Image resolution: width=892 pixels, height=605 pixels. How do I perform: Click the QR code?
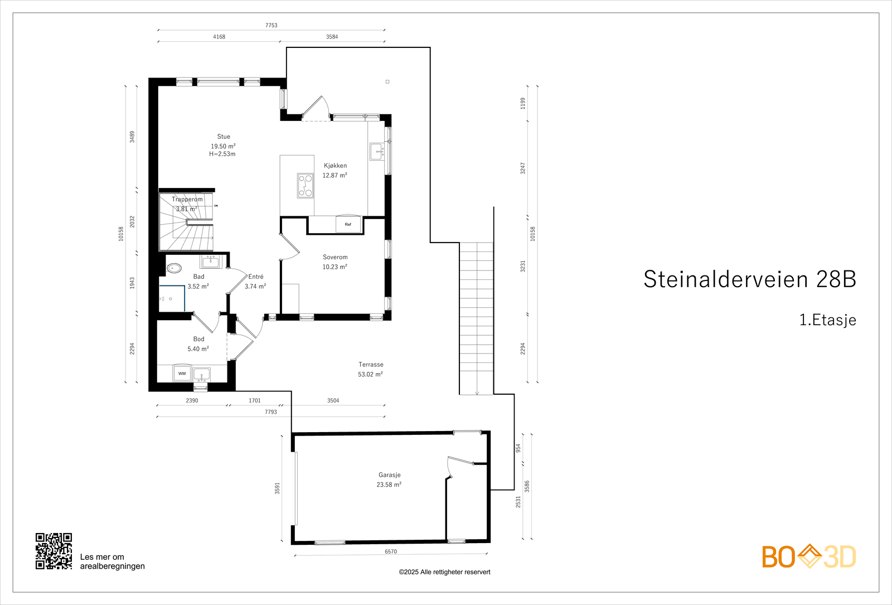(x=54, y=551)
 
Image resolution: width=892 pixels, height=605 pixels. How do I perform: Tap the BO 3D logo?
(x=808, y=556)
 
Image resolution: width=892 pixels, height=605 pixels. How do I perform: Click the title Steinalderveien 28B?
(x=749, y=279)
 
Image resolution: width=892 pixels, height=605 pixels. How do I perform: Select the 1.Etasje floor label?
(x=827, y=320)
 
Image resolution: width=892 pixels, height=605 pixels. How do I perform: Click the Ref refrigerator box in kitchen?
(x=348, y=225)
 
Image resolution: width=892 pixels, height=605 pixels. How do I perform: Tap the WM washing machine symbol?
(x=182, y=374)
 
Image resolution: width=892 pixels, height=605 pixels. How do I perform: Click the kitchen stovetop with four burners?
(x=305, y=186)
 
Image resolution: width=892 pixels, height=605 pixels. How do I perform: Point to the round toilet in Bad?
(x=174, y=268)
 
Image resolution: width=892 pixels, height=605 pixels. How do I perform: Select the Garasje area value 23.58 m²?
(x=389, y=485)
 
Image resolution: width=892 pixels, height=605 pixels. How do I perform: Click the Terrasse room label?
(x=371, y=365)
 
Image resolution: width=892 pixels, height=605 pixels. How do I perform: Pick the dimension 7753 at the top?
(x=271, y=25)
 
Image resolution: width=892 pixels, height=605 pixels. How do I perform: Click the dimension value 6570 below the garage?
(x=391, y=551)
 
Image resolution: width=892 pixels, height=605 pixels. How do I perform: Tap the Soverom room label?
(x=335, y=257)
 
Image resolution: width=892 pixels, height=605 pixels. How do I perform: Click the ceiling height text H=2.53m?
(x=222, y=154)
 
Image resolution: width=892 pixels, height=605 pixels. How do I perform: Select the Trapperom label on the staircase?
(x=187, y=199)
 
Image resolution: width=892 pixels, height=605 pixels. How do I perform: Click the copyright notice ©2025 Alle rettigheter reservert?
(x=444, y=572)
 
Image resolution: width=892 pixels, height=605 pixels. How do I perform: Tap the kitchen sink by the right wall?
(x=376, y=151)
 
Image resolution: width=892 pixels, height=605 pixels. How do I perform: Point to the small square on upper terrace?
(x=387, y=82)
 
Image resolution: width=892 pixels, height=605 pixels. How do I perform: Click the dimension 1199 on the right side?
(x=523, y=103)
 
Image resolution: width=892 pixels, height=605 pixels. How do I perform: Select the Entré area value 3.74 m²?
(x=255, y=287)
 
